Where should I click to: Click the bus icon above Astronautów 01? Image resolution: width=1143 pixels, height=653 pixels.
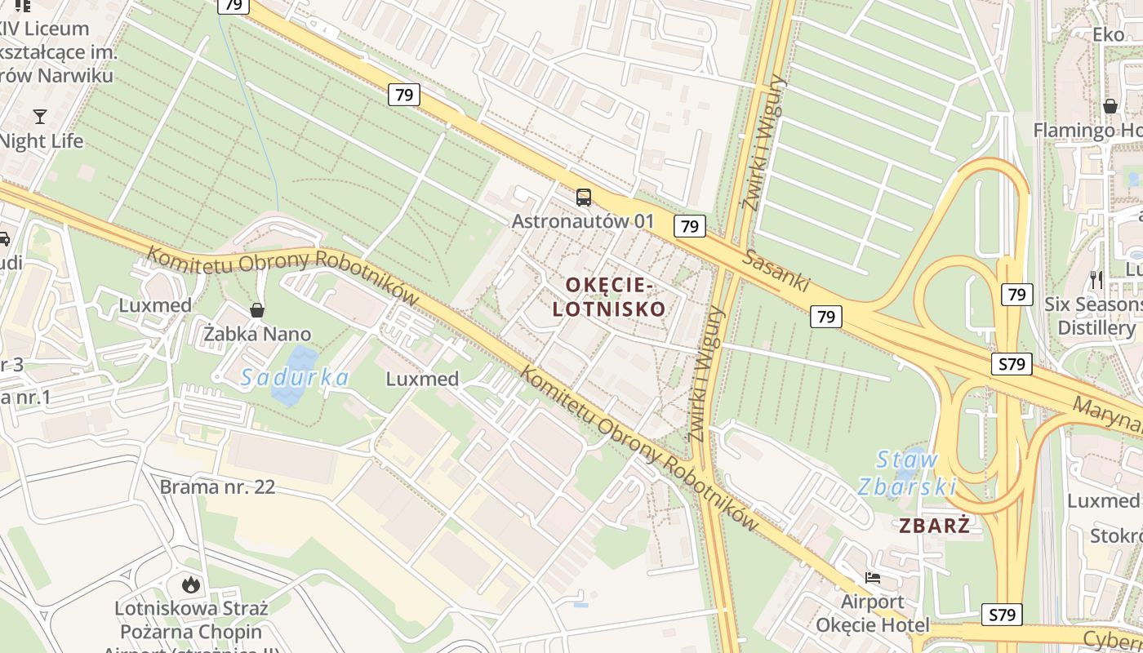click(583, 197)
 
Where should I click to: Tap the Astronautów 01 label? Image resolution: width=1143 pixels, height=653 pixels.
click(583, 220)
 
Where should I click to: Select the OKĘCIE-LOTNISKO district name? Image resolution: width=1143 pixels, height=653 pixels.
click(609, 296)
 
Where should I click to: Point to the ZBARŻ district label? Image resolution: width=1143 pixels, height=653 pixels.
click(935, 526)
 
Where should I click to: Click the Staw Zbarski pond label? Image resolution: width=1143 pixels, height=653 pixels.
click(907, 473)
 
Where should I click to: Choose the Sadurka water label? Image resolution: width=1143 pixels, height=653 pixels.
click(295, 377)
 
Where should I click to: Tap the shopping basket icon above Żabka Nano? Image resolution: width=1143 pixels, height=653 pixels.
click(257, 310)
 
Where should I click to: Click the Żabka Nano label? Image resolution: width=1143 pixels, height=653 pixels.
click(257, 334)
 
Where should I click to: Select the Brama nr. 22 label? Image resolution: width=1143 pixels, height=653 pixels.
click(217, 487)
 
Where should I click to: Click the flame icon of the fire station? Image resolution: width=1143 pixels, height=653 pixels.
click(190, 584)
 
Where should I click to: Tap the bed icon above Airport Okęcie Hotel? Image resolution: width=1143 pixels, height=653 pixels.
click(873, 578)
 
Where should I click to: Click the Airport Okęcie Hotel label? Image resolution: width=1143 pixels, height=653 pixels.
click(873, 614)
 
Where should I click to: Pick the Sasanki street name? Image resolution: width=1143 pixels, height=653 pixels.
click(776, 270)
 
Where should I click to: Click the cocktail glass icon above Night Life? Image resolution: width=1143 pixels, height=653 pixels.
click(39, 117)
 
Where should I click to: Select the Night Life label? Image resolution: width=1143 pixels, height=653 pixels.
click(41, 141)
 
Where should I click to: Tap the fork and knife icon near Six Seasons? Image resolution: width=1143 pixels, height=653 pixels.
click(1096, 280)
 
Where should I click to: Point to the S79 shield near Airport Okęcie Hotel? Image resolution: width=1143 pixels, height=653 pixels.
click(1002, 614)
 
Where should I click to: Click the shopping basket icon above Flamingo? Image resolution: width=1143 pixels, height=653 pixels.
click(1110, 106)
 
